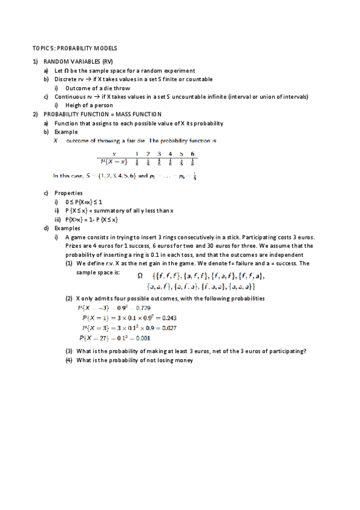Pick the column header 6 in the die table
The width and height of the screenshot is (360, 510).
192,154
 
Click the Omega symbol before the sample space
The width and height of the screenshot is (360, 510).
141,276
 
